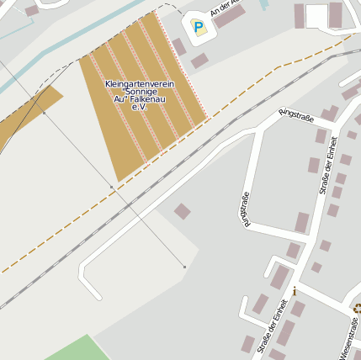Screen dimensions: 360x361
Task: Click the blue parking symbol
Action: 199,28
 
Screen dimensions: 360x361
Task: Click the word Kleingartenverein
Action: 140,84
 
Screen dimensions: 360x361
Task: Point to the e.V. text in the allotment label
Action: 140,107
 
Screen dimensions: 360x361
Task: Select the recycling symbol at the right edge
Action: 358,308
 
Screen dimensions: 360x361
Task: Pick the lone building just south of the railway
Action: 182,211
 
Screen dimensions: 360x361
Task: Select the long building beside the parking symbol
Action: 229,16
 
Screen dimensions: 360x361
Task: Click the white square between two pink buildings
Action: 316,16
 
